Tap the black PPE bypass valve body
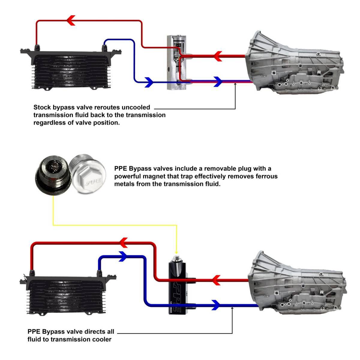tap(177, 288)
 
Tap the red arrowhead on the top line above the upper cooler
tap(70, 20)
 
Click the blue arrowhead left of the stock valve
tap(148, 82)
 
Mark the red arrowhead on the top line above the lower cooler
tap(124, 242)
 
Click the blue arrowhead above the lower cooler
tap(124, 256)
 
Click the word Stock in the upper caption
tap(42, 107)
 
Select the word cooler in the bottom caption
tap(101, 339)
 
